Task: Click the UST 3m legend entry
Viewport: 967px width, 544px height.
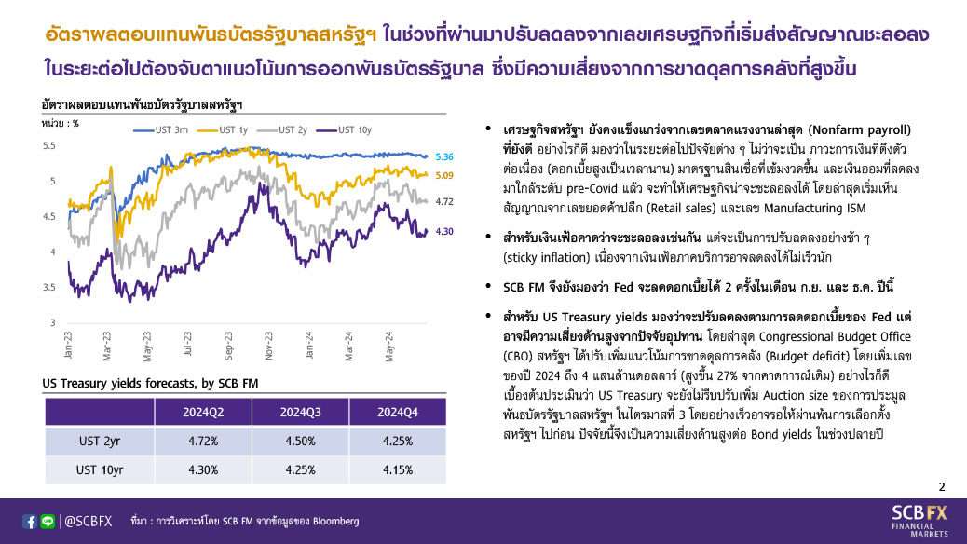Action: pos(161,130)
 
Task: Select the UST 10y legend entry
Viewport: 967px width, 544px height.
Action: pos(344,130)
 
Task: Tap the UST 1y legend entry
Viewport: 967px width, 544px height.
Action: pos(222,130)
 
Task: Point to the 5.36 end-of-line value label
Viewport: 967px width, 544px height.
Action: pos(444,157)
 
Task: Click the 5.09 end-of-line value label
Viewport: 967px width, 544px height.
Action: pos(444,176)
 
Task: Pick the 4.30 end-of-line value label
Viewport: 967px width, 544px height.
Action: pos(444,232)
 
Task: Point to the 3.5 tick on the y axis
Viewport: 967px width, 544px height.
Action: pos(48,288)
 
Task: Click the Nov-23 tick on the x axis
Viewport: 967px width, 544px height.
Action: pos(269,346)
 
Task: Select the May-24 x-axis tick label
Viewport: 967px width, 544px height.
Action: pos(389,346)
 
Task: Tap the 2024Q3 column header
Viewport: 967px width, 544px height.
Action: pos(300,412)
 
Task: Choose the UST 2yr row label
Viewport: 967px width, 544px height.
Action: pos(100,441)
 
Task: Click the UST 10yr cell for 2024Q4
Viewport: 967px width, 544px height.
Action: pos(398,470)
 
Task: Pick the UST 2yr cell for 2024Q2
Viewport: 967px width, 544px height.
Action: pos(203,441)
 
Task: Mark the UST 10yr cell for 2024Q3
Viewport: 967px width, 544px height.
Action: pos(300,470)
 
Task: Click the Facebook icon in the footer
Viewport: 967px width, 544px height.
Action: pos(29,522)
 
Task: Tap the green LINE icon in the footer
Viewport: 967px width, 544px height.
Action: pos(48,522)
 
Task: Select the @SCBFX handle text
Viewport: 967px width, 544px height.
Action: pos(89,522)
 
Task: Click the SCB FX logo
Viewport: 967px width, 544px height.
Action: pos(919,521)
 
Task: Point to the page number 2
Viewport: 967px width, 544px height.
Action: pos(942,487)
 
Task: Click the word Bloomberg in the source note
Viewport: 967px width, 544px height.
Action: pos(335,522)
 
